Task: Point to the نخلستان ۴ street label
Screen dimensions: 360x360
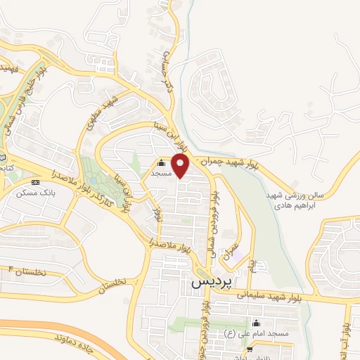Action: [31, 271]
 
